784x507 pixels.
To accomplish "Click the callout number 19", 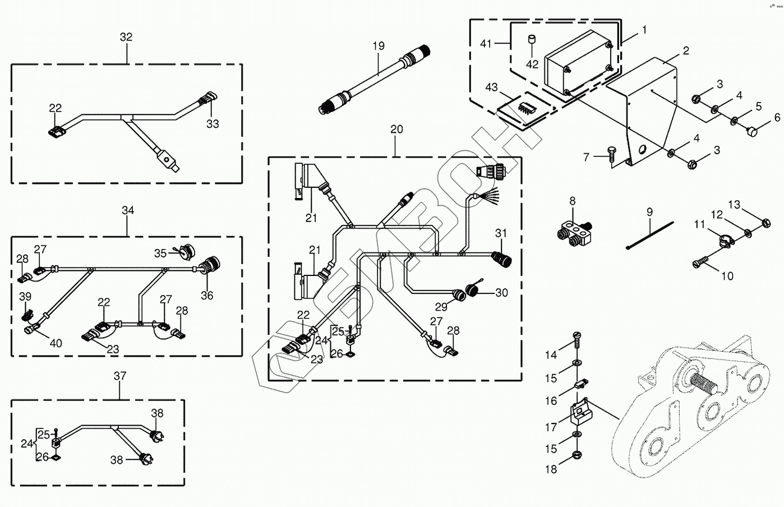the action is coord(379,46).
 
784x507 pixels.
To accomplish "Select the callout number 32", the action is coord(126,37).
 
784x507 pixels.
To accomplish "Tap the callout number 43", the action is coord(491,87).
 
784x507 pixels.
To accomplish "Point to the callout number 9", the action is coord(649,212).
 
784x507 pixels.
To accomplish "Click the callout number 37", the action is coord(120,376).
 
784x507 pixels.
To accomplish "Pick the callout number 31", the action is coord(501,233).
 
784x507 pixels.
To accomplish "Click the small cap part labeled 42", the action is coord(532,39).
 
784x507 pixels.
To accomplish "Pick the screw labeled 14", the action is coord(577,340).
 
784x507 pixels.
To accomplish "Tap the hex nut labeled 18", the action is coord(576,455).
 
